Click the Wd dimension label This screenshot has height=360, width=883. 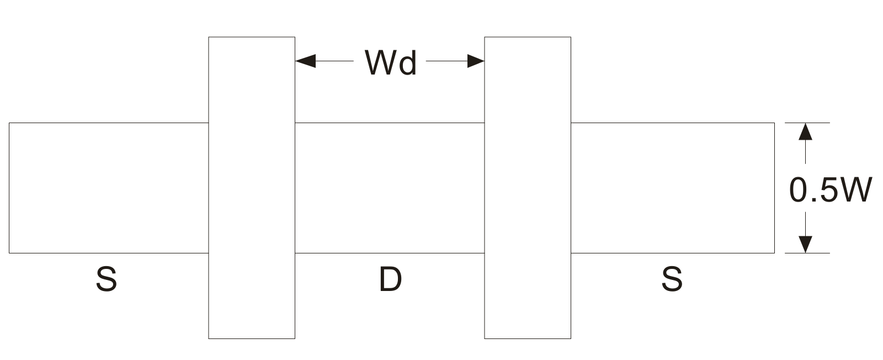pos(390,62)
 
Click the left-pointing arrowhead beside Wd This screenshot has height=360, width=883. pos(305,61)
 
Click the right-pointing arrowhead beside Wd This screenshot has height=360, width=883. pos(475,61)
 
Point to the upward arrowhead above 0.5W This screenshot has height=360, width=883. pos(805,131)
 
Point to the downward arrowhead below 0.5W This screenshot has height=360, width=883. pos(805,244)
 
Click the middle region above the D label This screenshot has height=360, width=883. pos(390,188)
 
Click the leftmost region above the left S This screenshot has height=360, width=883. pos(108,188)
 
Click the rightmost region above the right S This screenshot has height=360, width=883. pos(672,188)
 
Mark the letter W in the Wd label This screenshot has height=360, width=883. pos(380,62)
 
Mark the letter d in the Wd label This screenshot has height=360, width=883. pos(407,62)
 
